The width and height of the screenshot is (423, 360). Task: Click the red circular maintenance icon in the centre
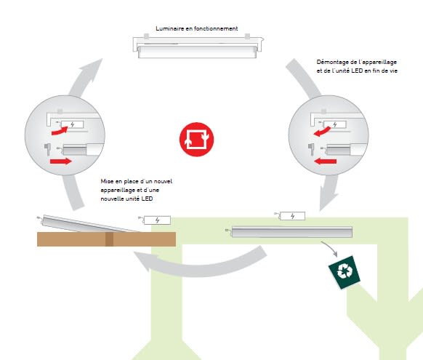196,139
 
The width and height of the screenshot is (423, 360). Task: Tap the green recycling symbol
345,272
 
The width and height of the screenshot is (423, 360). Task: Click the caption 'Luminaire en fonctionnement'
197,28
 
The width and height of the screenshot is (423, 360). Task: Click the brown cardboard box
107,239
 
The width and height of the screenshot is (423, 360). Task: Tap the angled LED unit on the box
89,223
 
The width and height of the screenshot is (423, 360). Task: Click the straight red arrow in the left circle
61,161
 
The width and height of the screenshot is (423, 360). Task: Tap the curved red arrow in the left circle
60,132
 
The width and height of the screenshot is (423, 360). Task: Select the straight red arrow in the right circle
326,161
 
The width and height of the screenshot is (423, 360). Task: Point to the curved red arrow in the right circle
323,132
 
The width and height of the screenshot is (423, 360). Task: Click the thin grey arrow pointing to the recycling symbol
331,248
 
